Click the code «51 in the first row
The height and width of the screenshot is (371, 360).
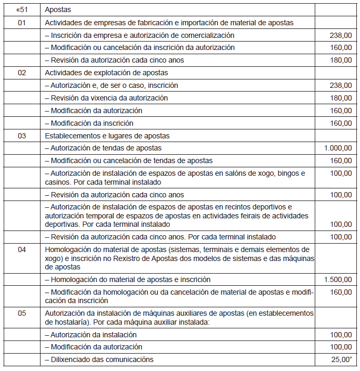[22, 9]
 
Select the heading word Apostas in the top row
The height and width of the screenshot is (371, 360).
[58, 9]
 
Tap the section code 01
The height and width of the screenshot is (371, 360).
[22, 22]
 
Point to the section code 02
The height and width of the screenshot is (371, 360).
[22, 73]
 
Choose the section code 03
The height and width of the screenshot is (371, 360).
[22, 136]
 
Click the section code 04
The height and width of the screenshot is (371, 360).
[22, 249]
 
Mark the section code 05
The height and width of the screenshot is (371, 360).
[22, 313]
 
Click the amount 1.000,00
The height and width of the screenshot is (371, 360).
[338, 148]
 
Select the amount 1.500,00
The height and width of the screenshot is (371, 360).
[338, 279]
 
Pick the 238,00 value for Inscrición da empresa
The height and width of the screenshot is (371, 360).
[340, 35]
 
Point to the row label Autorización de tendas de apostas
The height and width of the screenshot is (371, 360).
[103, 148]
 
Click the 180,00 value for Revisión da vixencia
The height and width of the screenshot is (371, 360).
[340, 98]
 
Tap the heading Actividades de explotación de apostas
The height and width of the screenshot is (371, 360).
[106, 73]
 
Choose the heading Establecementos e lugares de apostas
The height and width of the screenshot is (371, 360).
[107, 136]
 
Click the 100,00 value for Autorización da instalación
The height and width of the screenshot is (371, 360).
[340, 335]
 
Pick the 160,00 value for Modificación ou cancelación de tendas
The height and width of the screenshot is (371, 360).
[340, 161]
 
